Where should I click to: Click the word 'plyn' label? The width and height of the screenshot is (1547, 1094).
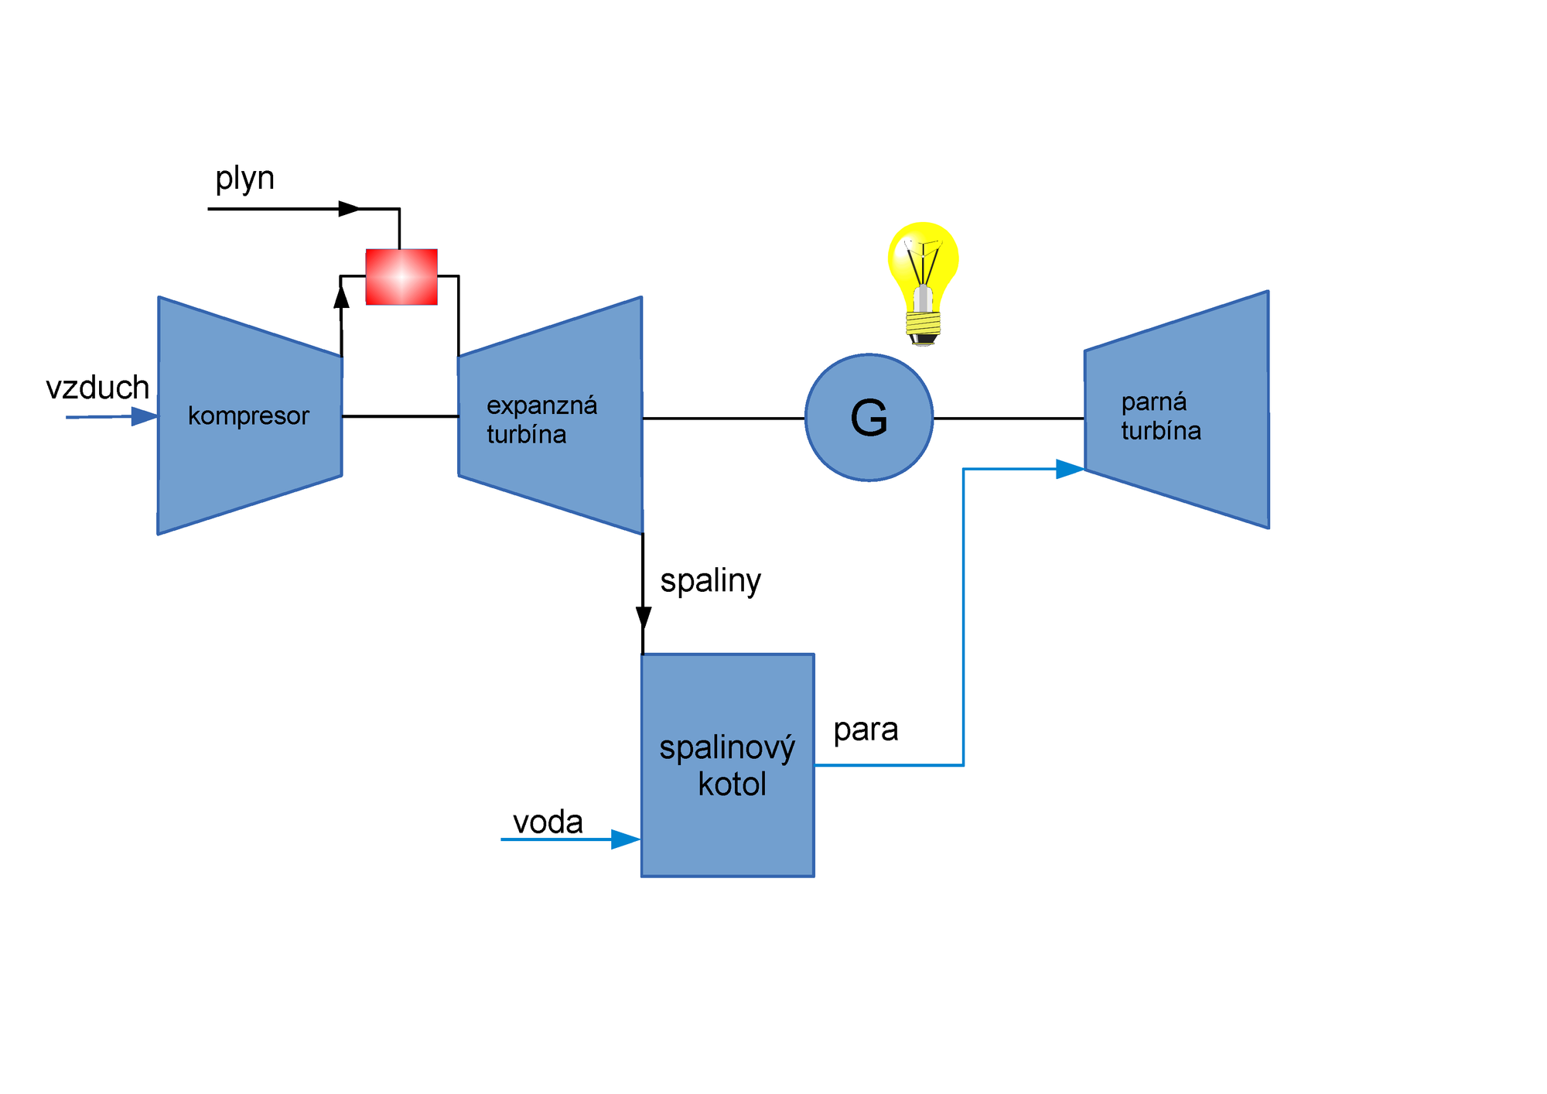[244, 179]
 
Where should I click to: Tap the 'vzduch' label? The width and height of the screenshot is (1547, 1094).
[97, 388]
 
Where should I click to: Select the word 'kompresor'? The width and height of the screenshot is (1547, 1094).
[248, 416]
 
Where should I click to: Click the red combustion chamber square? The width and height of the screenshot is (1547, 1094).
[401, 277]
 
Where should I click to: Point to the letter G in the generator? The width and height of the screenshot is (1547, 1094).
[869, 419]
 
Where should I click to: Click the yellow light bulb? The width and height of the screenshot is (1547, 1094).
[923, 260]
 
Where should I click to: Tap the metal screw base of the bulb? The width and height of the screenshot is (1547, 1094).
[923, 325]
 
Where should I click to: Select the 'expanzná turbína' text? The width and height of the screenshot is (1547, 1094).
[541, 420]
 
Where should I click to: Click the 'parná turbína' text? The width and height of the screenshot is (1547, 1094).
[1160, 416]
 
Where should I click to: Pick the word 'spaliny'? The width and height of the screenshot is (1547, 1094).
[710, 580]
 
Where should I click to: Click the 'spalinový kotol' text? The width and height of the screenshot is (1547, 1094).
[727, 766]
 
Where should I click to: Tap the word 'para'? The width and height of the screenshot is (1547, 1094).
[866, 730]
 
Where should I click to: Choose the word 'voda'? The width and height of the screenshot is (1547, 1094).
[548, 822]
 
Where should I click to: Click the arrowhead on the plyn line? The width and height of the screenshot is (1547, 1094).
[350, 209]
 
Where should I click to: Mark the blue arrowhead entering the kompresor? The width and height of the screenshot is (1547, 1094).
[144, 417]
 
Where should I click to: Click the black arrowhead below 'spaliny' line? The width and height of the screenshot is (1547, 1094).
[643, 617]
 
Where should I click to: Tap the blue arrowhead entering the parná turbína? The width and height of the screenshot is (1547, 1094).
[1069, 469]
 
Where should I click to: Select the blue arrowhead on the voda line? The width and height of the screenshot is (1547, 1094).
[625, 839]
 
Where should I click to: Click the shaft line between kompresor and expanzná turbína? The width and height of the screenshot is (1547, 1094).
[400, 416]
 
